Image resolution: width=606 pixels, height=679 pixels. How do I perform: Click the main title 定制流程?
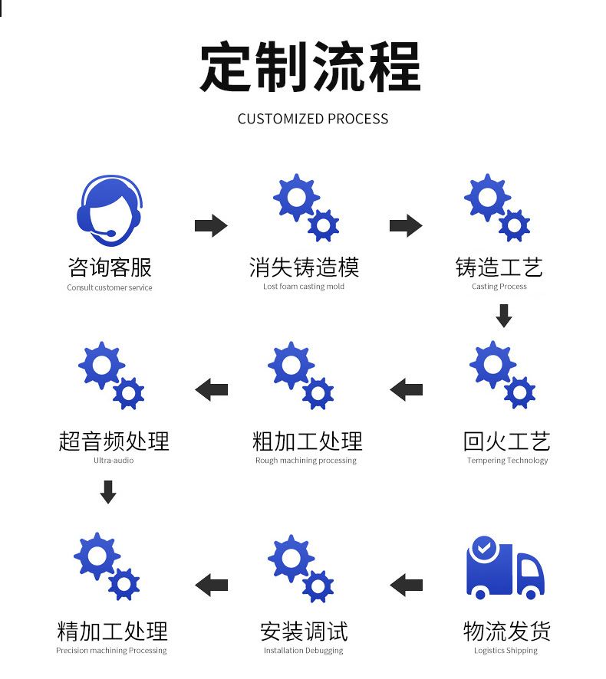pos(310,67)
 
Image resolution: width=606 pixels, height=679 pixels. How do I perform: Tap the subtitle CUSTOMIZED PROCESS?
pos(312,119)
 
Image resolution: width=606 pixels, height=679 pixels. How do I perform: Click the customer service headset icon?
pos(109,208)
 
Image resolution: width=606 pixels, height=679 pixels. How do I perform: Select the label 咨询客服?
pos(110,267)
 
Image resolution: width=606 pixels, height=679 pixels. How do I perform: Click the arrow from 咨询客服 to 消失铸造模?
pos(211,226)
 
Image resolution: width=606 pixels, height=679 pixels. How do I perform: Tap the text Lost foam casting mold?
pos(304,287)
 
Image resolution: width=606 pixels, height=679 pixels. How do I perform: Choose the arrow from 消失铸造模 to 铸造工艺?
pos(406,226)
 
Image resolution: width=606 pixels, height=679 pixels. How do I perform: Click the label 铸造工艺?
pos(499,267)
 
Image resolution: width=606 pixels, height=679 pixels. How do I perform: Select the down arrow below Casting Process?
pos(503,315)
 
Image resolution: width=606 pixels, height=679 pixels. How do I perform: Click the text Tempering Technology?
pos(507,461)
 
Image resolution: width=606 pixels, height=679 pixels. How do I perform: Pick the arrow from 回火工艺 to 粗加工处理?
pos(407,389)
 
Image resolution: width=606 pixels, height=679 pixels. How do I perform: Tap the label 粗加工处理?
pos(307,441)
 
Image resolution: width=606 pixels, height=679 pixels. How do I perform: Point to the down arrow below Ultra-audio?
pos(108,492)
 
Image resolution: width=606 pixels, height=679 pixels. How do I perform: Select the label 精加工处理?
pos(112,631)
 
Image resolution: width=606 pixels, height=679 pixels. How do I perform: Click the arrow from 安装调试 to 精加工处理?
pos(212,585)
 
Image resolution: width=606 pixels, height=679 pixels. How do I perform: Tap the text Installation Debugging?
pos(303,651)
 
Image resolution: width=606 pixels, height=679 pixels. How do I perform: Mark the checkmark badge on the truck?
pos(482,547)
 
